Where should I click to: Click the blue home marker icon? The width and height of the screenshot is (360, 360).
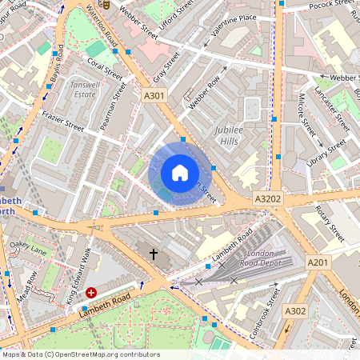click(x=180, y=173)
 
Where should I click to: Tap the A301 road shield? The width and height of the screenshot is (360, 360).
click(x=154, y=95)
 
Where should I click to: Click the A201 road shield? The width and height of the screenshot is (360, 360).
click(x=318, y=262)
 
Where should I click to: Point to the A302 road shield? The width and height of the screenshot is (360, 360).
click(x=295, y=311)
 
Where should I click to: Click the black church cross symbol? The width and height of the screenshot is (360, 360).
click(x=154, y=254)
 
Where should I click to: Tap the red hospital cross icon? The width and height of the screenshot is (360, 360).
click(x=92, y=294)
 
